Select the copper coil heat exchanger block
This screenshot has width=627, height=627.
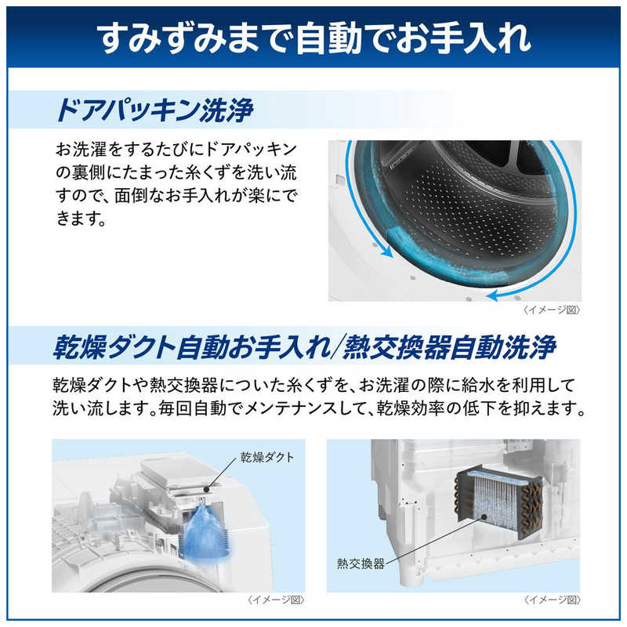click(496, 504)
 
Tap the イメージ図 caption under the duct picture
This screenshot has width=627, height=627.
click(276, 600)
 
